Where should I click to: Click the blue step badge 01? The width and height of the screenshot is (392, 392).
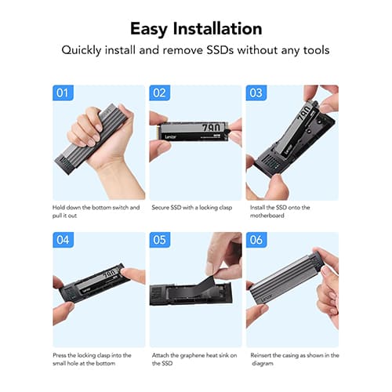point(63,93)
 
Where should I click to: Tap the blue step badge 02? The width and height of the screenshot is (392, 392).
point(160,93)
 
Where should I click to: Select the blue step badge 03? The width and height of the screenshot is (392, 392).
point(256,93)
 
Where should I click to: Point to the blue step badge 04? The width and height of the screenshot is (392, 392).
point(63,240)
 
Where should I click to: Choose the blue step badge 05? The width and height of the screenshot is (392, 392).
point(160,240)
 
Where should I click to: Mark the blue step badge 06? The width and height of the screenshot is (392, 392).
point(256,240)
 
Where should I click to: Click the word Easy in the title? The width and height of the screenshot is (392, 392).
point(149,29)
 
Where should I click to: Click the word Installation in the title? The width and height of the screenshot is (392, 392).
point(217,28)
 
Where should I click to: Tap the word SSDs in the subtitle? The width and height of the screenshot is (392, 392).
point(220,50)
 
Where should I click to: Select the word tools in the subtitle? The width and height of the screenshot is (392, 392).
point(316,50)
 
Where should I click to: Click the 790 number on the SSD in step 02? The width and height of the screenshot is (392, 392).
point(211,128)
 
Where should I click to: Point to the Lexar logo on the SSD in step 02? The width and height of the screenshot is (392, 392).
point(171,137)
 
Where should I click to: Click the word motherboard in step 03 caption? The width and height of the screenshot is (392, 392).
point(267,216)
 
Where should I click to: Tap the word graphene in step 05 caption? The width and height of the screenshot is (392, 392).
point(192,355)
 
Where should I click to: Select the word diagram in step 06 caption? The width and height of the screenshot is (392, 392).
point(263,364)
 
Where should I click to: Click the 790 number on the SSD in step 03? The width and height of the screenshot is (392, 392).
point(304,114)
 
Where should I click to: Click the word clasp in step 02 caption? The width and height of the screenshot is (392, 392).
point(226,208)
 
